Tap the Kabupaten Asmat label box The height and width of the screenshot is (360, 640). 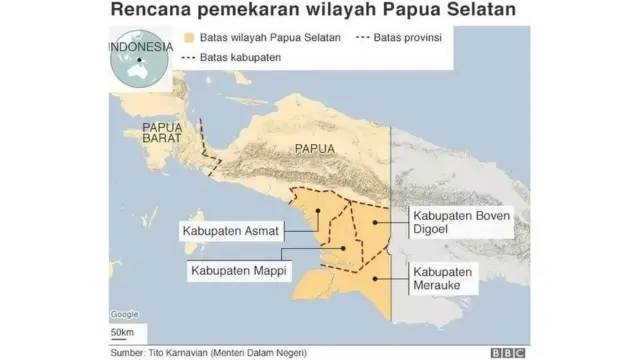[229, 231]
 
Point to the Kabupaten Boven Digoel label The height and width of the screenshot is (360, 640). [462, 221]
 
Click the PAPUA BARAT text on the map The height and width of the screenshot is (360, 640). [163, 134]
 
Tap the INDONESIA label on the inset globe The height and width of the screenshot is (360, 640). [140, 45]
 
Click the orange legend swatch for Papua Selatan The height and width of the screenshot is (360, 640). [190, 38]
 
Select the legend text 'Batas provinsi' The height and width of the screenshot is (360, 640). [408, 38]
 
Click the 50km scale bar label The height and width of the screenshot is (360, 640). [122, 332]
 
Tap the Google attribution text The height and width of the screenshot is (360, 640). [124, 314]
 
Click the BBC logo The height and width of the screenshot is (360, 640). [508, 352]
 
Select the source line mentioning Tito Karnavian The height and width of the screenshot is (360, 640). [208, 352]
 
